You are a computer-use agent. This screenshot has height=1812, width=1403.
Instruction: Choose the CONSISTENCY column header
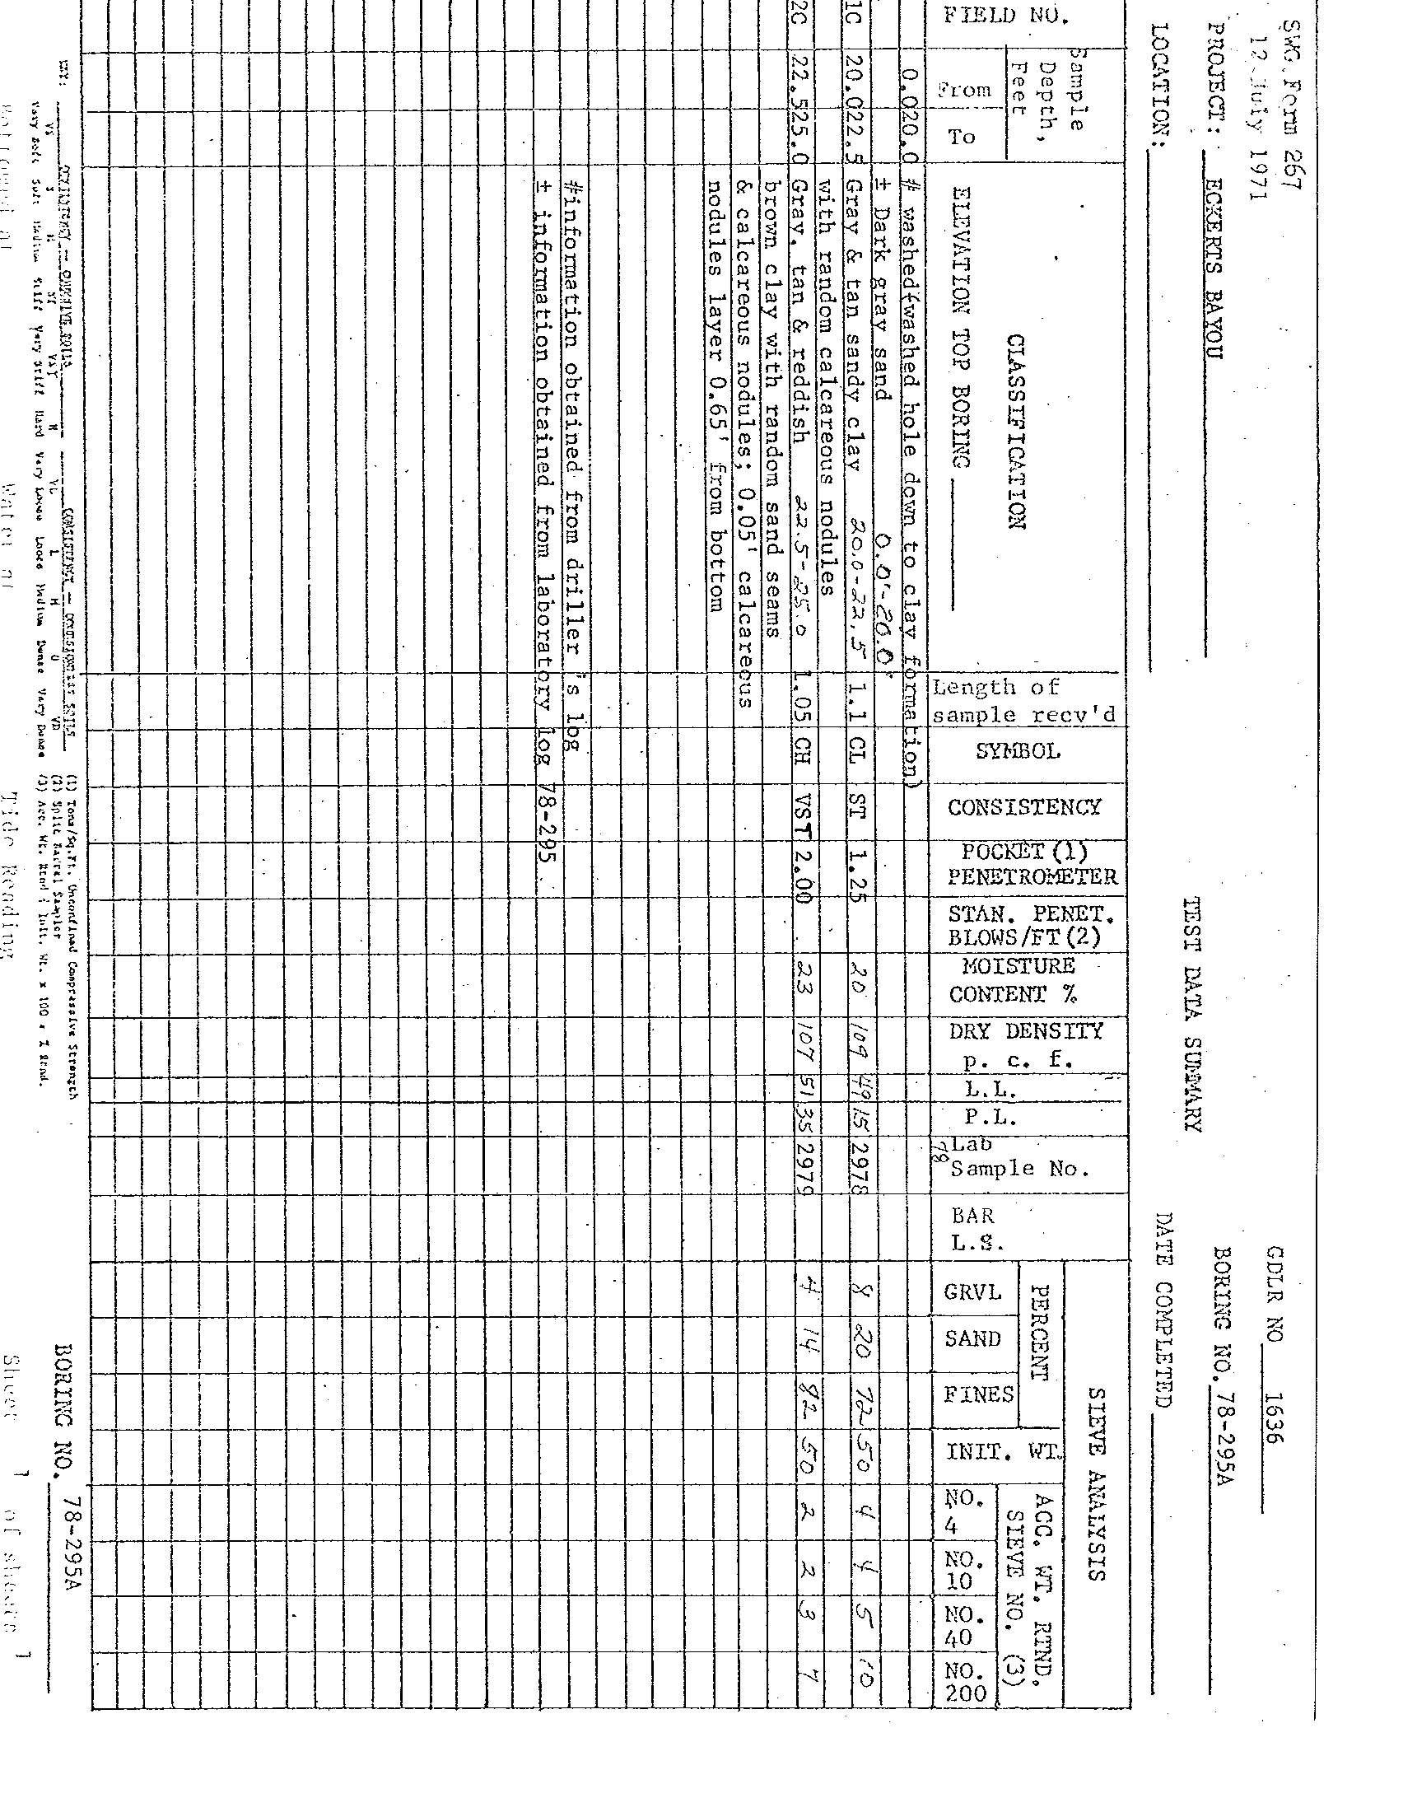1024,807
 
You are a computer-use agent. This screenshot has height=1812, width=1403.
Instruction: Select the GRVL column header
972,1291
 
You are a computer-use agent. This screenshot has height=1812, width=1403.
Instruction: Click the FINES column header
978,1394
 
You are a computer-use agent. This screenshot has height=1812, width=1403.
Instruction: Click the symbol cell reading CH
803,753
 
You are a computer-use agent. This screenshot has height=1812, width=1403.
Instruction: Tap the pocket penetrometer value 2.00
803,871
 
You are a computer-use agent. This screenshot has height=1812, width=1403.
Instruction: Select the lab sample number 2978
859,1165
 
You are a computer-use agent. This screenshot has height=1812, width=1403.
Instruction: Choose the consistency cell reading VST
803,810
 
